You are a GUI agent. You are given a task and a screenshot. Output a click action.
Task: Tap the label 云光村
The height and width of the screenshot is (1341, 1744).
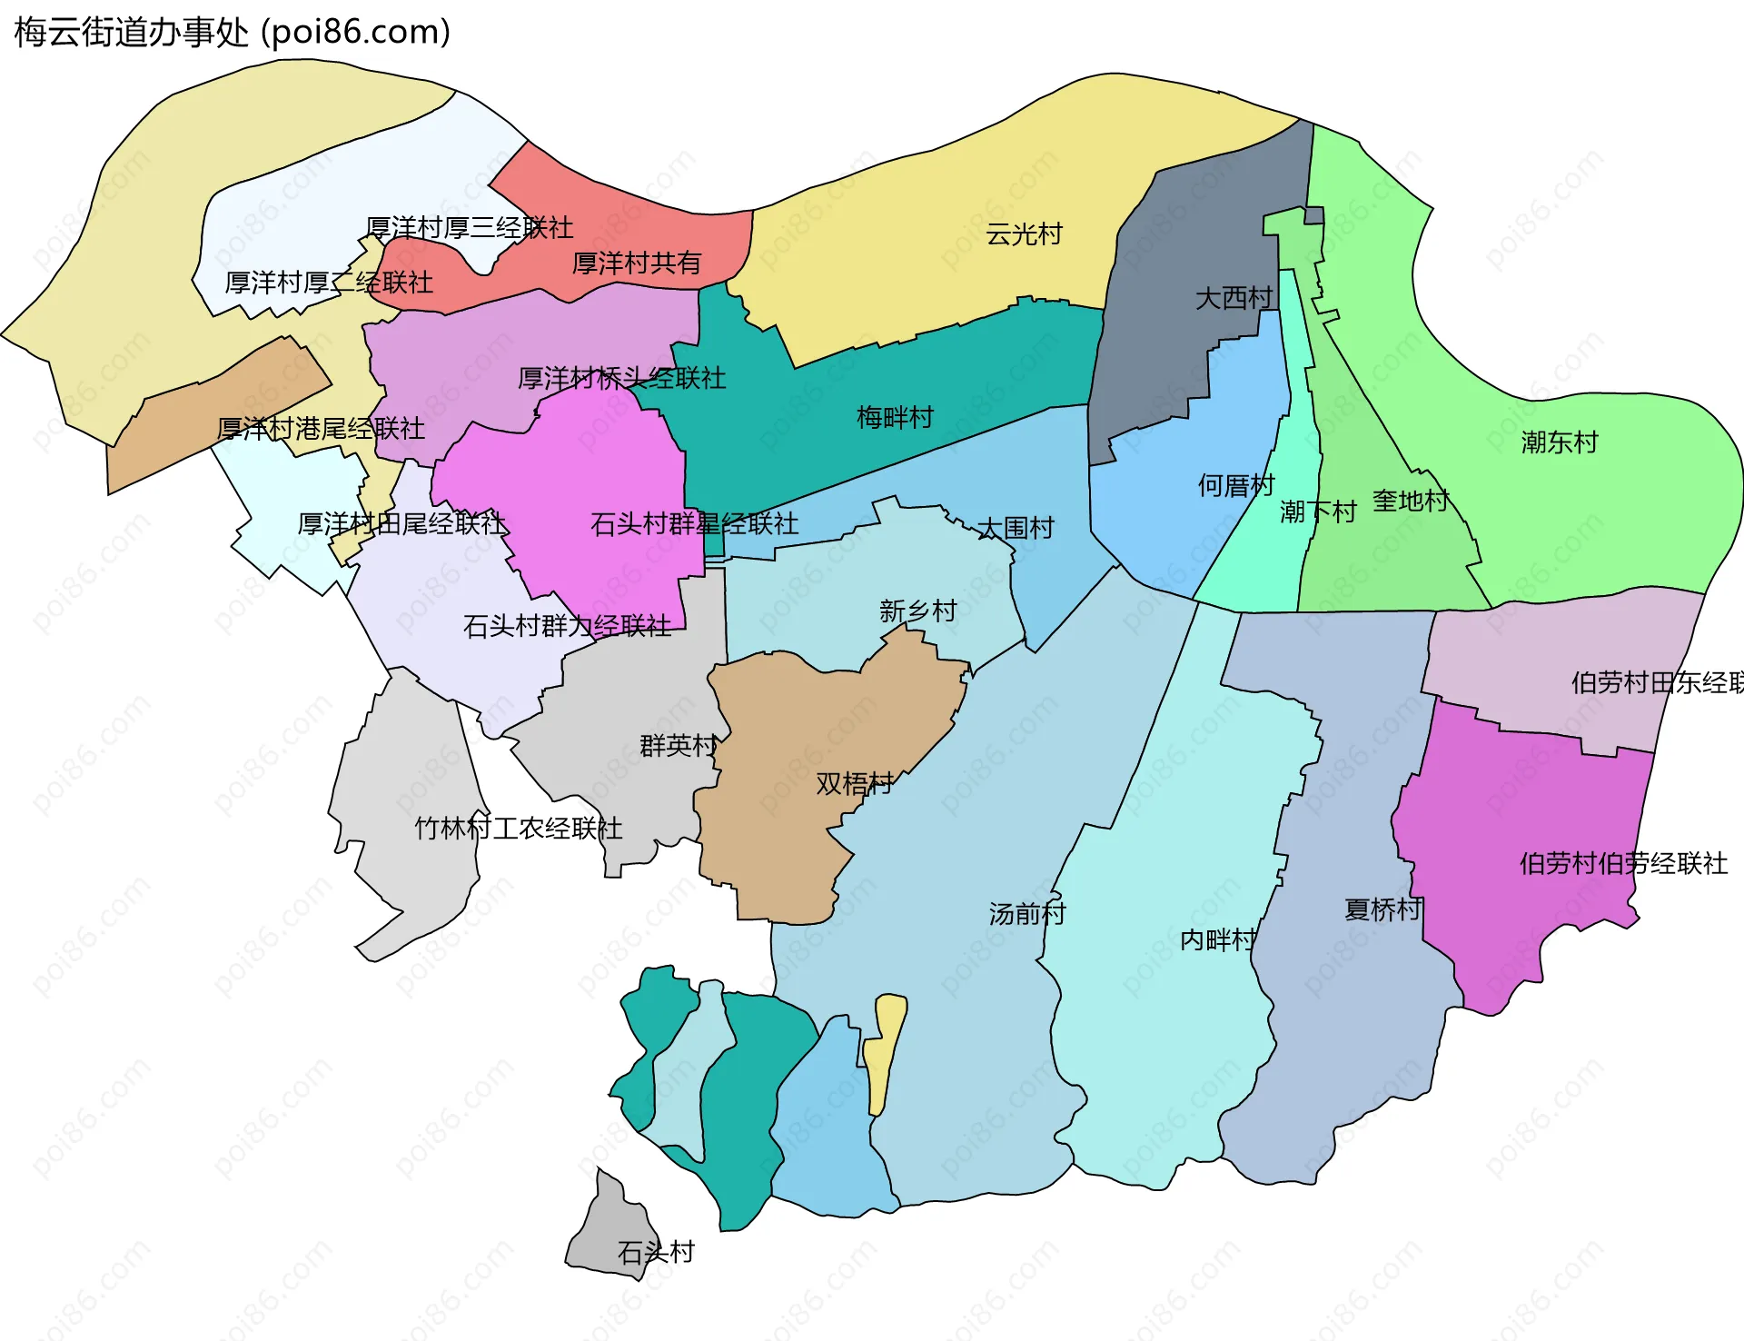[1024, 234]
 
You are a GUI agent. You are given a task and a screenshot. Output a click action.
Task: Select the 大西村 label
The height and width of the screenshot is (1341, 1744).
[1234, 298]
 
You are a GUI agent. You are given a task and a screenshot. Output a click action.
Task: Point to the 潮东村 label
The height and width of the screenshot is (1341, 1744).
[1559, 442]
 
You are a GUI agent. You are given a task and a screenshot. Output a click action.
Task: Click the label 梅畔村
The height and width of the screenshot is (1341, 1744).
[895, 418]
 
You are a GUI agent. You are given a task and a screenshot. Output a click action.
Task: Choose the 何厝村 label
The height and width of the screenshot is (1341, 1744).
[1235, 486]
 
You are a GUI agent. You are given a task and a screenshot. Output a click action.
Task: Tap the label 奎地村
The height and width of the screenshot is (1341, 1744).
[1410, 501]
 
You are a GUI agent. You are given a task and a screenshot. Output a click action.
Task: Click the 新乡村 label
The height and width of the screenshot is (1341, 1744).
[917, 611]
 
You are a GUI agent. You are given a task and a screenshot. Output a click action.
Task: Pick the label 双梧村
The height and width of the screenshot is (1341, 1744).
[854, 783]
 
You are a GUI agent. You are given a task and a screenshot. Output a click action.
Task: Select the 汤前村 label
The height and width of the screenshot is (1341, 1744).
[1026, 914]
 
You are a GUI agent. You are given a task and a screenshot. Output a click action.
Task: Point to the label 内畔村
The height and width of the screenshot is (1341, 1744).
[1217, 939]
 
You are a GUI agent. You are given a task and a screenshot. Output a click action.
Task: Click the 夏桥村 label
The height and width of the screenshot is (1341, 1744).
[1382, 909]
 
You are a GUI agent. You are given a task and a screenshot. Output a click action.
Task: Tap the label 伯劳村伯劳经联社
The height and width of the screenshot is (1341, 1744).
[1623, 863]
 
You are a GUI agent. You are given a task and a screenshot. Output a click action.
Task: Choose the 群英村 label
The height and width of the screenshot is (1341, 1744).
[678, 746]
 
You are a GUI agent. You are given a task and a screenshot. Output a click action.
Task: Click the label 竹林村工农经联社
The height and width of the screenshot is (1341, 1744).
[519, 829]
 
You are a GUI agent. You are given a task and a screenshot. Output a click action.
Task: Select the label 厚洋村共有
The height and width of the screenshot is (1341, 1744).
[636, 263]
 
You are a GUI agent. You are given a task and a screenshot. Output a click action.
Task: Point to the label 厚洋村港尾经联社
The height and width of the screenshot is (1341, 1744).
[321, 429]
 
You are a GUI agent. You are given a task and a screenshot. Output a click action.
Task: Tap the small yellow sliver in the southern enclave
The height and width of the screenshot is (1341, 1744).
[885, 1054]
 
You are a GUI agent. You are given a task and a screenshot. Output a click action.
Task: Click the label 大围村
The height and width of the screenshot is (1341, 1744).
[1016, 528]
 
